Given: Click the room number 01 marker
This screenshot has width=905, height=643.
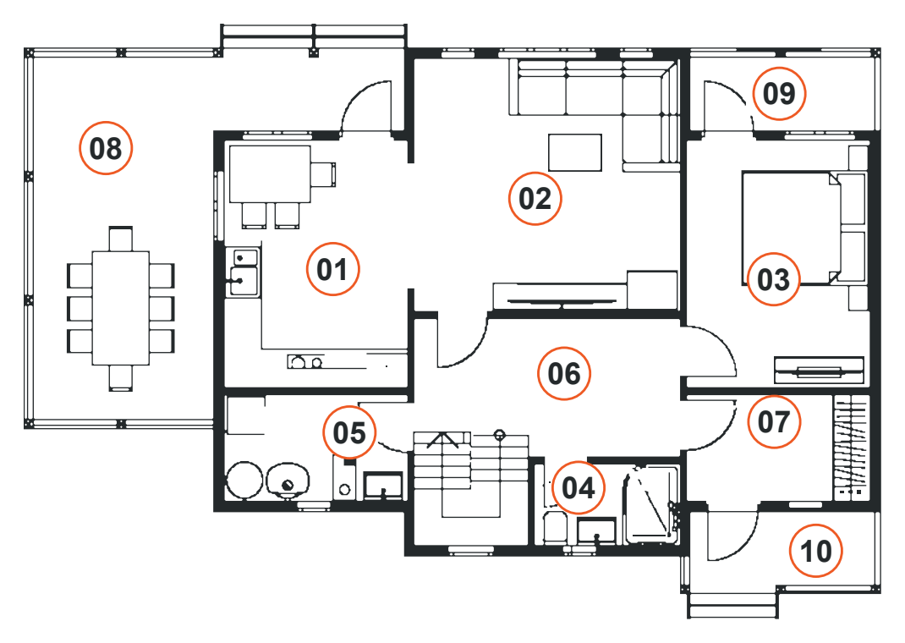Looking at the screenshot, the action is coord(332,269).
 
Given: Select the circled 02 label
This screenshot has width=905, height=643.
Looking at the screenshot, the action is coord(535,198).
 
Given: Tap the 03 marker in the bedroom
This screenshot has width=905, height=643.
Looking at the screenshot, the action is coord(773,279).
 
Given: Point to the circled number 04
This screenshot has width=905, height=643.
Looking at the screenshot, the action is coord(578,487).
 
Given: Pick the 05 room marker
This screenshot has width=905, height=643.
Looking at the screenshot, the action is coord(349,432).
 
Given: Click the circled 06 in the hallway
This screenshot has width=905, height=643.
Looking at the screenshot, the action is coord(564,373).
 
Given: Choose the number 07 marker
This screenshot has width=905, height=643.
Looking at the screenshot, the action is coord(774,421).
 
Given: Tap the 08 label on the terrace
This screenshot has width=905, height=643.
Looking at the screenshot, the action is coord(106,148).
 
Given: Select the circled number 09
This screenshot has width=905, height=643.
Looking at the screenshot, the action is coord(779,93).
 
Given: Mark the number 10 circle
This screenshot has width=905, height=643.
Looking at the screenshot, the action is coord(816,551).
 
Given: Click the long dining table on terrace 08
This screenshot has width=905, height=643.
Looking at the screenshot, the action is coord(121,308).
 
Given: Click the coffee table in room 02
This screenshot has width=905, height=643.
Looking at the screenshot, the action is coord(575,152).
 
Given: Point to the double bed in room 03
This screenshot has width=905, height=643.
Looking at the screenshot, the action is coord(804,228).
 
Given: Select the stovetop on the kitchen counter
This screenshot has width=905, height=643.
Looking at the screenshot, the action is coord(305,362).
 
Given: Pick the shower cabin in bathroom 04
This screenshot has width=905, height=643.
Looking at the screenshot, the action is coord(652,504).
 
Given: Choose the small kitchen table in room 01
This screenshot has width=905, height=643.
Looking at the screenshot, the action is coord(270,173).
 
